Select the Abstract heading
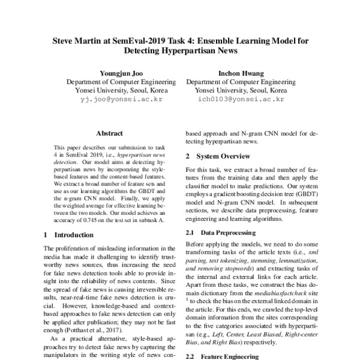pyautogui.click(x=109, y=133)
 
